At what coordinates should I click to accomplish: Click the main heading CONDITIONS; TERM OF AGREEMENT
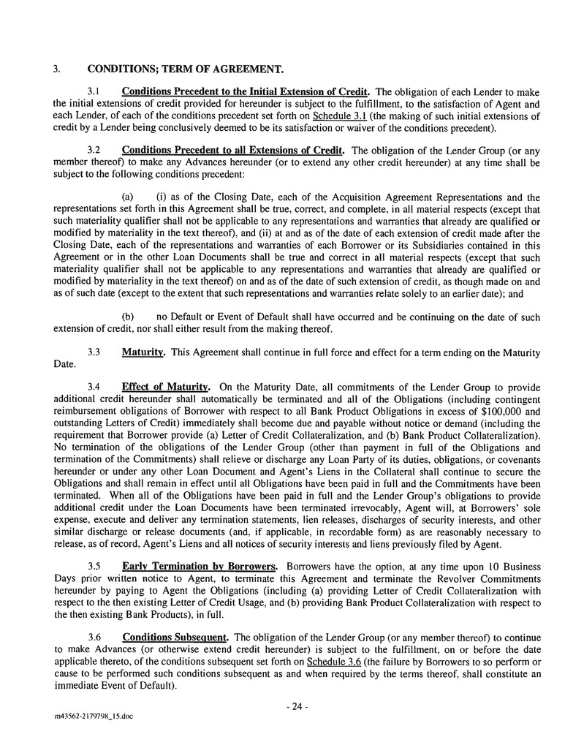pyautogui.click(x=185, y=69)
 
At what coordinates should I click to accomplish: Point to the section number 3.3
pyautogui.click(x=94, y=352)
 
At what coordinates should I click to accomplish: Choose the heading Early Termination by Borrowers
pyautogui.click(x=199, y=567)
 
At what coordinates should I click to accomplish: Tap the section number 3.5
pyautogui.click(x=94, y=567)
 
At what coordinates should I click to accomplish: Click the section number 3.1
pyautogui.click(x=94, y=92)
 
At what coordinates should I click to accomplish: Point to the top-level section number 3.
pyautogui.click(x=56, y=69)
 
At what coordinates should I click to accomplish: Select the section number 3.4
pyautogui.click(x=94, y=386)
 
